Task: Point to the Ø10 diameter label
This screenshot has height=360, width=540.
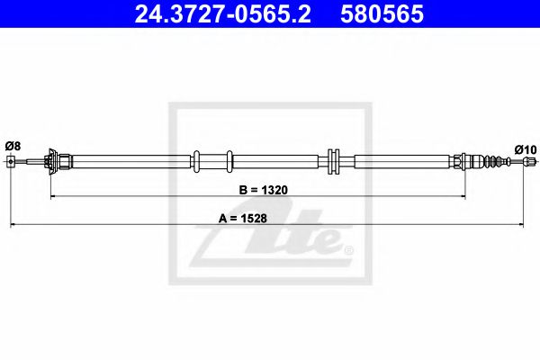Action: pos(525,148)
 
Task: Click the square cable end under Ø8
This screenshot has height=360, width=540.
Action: pos(11,162)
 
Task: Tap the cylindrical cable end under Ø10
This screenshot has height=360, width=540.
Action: pos(529,162)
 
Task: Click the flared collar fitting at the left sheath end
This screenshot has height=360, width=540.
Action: pos(55,162)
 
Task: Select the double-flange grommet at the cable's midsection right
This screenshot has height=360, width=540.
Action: pos(333,162)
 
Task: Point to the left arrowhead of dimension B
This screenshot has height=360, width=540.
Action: pos(53,195)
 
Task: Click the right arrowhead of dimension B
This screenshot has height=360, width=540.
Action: pos(462,195)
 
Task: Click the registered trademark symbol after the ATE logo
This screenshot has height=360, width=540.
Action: pos(348,249)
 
